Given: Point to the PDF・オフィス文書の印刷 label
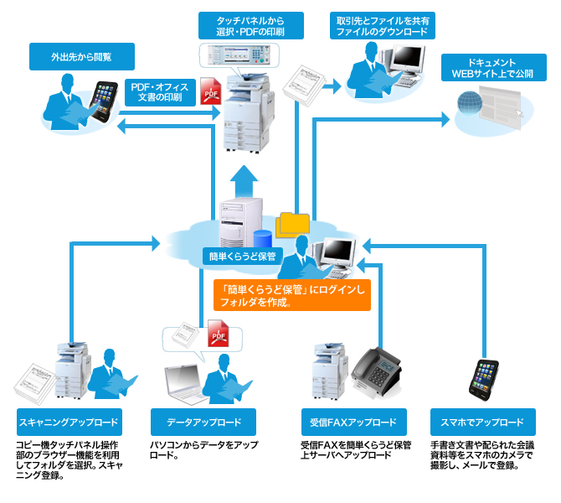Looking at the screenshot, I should (x=163, y=92).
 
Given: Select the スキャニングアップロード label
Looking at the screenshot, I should (x=68, y=422).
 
